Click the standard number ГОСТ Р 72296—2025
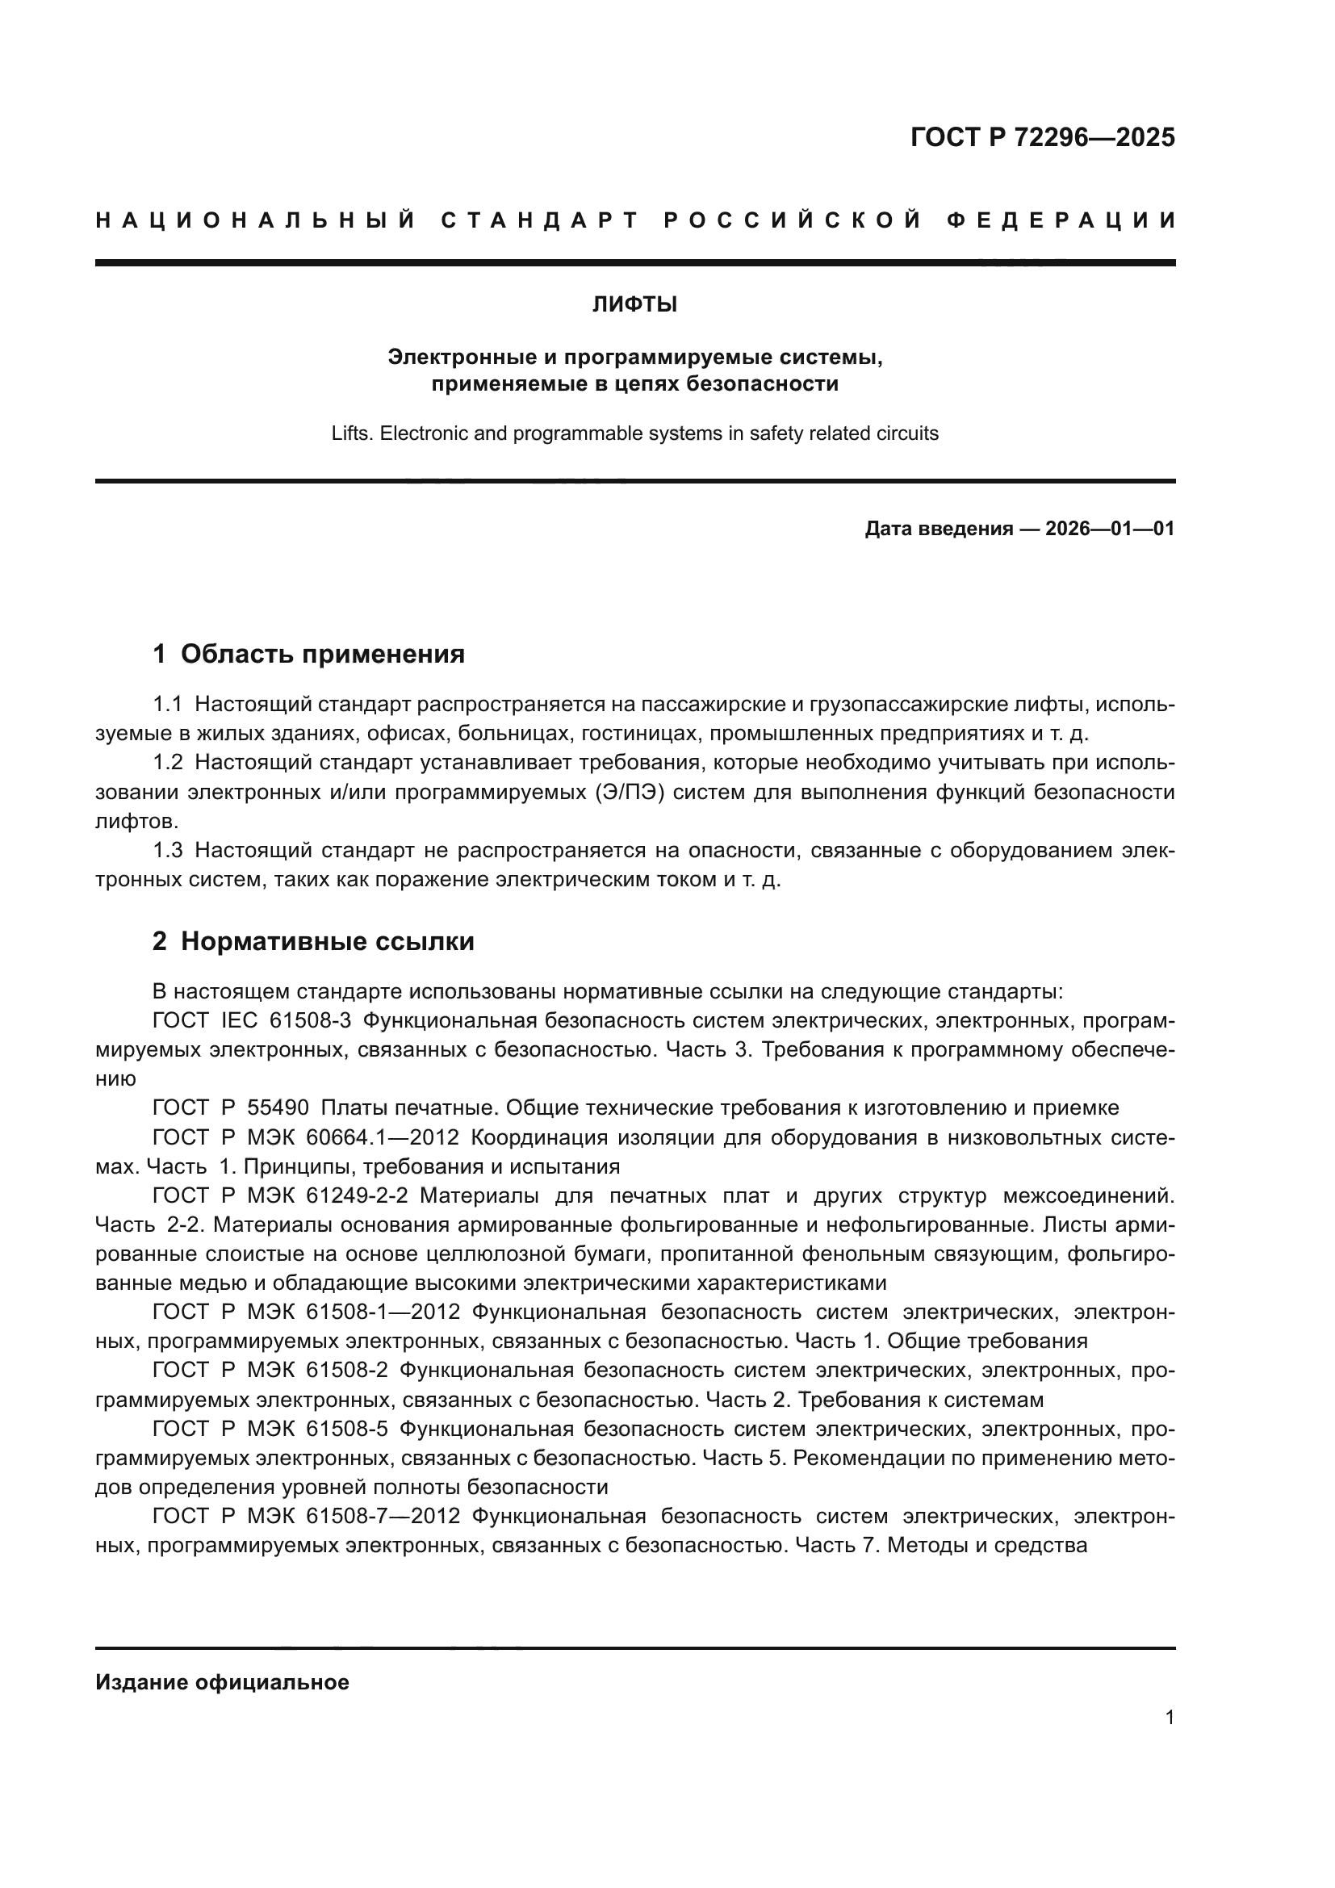1042,137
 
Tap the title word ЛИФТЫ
634,305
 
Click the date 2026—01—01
1110,529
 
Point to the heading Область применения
322,655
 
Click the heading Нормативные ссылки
327,941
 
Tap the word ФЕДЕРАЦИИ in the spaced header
1061,220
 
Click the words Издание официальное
222,1682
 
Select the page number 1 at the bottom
1170,1718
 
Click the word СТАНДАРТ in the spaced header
540,220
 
